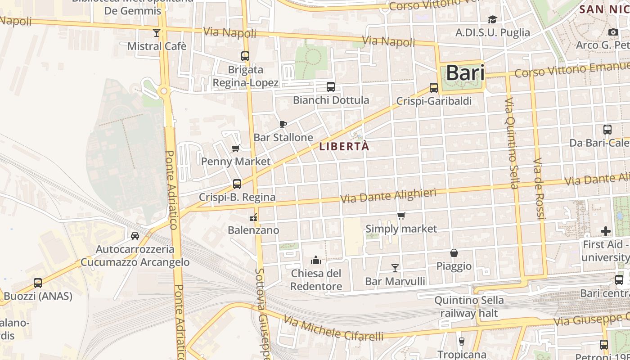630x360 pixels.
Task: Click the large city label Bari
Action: [465, 73]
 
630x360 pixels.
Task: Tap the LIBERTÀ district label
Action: [344, 146]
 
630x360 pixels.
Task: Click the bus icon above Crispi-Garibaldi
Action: [434, 88]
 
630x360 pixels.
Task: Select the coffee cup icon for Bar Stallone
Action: [283, 124]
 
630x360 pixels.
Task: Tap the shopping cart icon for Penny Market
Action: [235, 148]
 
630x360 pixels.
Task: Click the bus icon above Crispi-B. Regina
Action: [237, 184]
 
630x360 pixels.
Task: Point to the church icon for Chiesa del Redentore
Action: [316, 260]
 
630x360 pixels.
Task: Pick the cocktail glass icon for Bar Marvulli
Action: [395, 268]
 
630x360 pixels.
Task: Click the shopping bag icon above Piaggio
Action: [454, 253]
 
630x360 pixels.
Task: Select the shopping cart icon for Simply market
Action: [401, 216]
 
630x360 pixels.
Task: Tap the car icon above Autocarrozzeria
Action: [135, 236]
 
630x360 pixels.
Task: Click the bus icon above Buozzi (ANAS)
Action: [38, 283]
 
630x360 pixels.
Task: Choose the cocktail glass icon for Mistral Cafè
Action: [157, 33]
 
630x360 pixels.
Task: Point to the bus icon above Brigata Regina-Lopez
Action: [245, 56]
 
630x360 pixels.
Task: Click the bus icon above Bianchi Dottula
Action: [331, 87]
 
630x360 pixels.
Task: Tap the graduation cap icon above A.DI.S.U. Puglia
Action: [492, 19]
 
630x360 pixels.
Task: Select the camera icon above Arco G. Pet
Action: [613, 32]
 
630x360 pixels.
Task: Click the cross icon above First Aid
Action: [606, 231]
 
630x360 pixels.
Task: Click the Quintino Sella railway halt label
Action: [469, 306]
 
